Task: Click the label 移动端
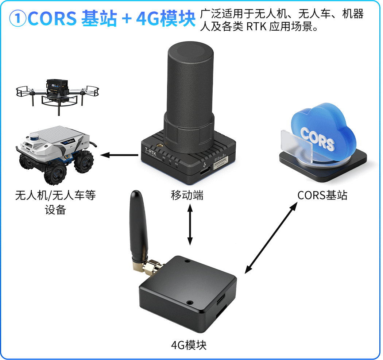(187, 196)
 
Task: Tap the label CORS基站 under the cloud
(322, 195)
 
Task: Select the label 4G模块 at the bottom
(189, 345)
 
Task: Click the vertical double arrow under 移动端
(190, 224)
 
